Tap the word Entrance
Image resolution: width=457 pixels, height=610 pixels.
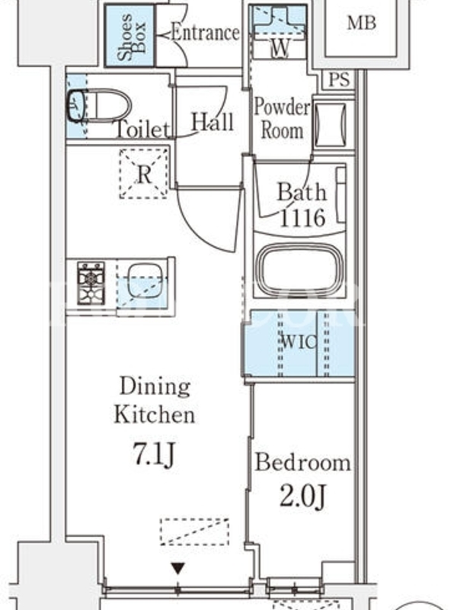click(205, 32)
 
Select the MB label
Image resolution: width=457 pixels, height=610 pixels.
click(361, 23)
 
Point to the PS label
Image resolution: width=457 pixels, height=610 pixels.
click(339, 80)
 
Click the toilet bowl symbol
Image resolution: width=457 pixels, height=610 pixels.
click(99, 105)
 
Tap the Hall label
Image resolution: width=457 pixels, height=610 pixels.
click(213, 122)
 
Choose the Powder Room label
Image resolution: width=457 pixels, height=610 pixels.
click(282, 118)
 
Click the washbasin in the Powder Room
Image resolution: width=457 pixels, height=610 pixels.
click(331, 124)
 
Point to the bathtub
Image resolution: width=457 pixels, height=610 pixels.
click(300, 269)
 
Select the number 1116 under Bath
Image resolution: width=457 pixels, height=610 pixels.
click(302, 218)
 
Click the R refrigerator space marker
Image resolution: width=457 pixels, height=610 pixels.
click(144, 174)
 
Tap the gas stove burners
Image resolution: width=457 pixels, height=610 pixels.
click(91, 283)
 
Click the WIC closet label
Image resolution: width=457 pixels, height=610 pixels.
click(299, 342)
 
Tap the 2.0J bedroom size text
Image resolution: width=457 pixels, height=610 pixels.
click(302, 496)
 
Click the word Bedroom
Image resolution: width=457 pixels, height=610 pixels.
click(302, 463)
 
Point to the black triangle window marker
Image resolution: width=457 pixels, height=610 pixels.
click(178, 569)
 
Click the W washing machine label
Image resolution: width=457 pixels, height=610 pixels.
click(280, 48)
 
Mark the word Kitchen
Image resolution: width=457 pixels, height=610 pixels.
click(155, 415)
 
